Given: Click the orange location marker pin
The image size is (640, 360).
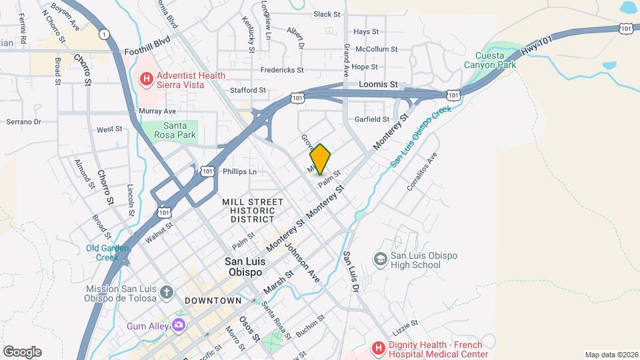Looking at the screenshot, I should click(320, 159).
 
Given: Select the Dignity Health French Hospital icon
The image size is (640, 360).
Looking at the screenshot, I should click(379, 348).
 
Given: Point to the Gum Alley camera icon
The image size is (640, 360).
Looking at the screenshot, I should click(178, 325).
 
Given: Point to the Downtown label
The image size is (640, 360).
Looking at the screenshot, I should click(213, 301).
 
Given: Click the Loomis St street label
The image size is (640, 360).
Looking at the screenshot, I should click(378, 85).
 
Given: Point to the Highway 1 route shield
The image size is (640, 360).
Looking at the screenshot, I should click(104, 33).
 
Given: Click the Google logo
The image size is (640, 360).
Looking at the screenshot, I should click(22, 351).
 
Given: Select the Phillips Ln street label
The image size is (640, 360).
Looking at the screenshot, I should click(239, 171).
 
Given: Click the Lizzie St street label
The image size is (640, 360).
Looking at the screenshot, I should click(405, 324).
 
